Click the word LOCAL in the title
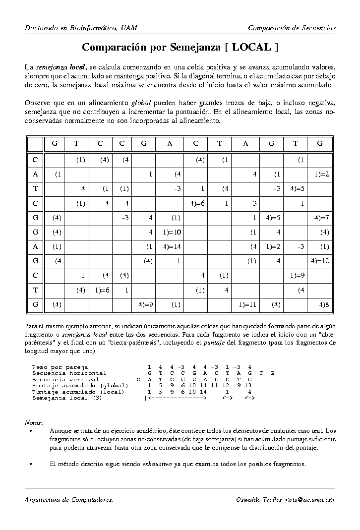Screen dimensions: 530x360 point(251,48)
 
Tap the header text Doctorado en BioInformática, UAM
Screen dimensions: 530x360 point(81,28)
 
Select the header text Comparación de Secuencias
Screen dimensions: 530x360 point(292,28)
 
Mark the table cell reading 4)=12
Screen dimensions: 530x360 point(320,260)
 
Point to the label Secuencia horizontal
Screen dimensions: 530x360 point(69,373)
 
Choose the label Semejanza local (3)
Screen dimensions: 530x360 point(67,398)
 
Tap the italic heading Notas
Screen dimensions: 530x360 point(34,422)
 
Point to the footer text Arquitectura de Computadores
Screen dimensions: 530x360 point(69,499)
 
